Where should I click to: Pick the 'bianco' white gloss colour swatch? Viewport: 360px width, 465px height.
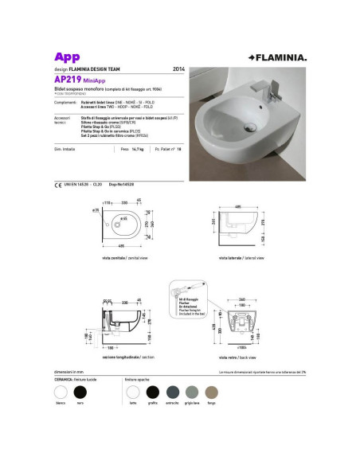(x=59, y=391)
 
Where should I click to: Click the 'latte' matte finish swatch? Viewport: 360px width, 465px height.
(x=132, y=391)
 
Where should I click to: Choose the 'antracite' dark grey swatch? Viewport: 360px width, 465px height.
(x=172, y=391)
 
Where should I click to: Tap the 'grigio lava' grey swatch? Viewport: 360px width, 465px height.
(x=192, y=391)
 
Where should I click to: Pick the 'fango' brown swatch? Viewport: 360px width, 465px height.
(x=212, y=391)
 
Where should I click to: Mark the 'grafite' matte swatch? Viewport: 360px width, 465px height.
(x=152, y=391)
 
